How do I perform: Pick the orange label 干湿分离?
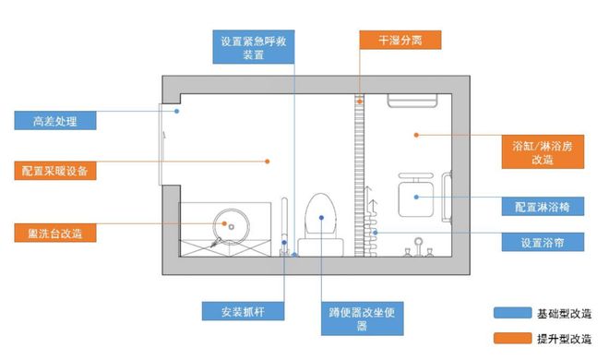[x=399, y=40]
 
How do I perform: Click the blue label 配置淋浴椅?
[x=542, y=207]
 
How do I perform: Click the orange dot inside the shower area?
[x=415, y=135]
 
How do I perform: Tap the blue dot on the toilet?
[x=320, y=218]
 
